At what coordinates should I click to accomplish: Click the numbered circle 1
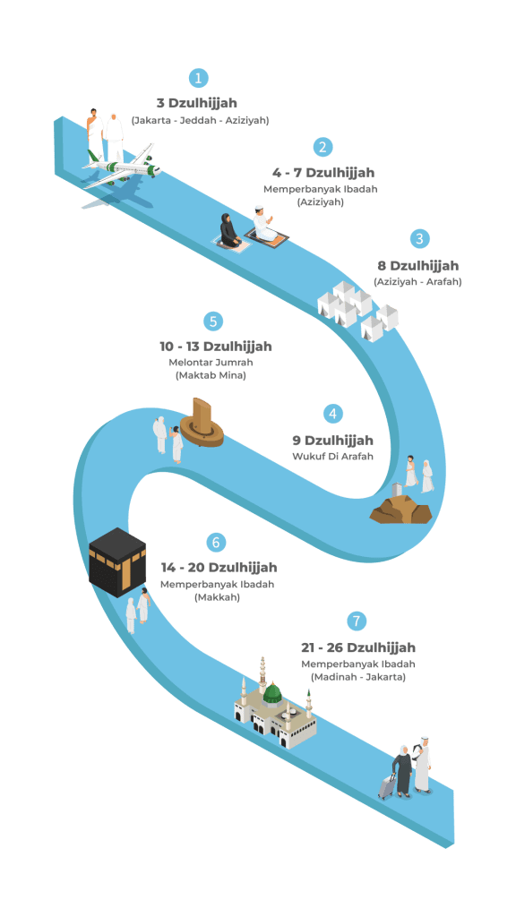[x=199, y=78]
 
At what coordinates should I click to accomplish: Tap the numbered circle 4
[x=333, y=414]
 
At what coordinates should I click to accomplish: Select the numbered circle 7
[x=357, y=621]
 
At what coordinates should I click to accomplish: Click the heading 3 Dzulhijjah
[x=196, y=103]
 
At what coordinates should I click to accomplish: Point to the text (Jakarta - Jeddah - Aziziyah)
[x=200, y=121]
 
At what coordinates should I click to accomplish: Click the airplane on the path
[x=122, y=166]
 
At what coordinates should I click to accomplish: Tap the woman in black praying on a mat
[x=228, y=231]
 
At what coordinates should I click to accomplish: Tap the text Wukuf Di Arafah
[x=332, y=457]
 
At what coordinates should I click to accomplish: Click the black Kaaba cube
[x=117, y=562]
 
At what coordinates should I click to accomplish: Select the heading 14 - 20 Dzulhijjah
[x=219, y=568]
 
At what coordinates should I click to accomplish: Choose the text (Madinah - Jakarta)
[x=358, y=677]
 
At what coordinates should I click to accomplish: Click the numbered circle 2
[x=322, y=147]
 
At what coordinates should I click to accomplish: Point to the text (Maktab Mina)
[x=211, y=376]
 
